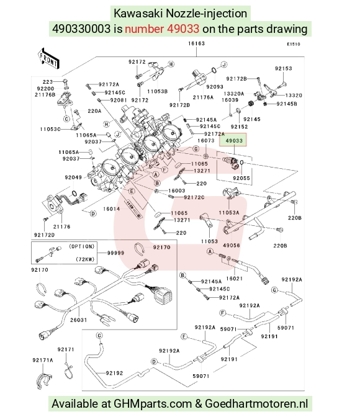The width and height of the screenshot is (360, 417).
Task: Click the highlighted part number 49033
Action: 234,140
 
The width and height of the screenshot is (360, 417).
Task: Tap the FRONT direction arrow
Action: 48,59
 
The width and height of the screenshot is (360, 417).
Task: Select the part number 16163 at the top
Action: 196,43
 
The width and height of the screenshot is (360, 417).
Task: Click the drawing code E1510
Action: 294,44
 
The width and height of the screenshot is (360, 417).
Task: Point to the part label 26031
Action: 78,320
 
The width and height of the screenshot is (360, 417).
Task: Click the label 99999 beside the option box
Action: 115,253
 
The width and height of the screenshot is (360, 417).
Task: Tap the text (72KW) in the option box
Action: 85,259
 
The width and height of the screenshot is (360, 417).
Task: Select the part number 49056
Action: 232,245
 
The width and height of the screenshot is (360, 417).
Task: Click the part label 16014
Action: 112,209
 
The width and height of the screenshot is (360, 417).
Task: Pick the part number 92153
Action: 284,68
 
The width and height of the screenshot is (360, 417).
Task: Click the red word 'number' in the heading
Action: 144,29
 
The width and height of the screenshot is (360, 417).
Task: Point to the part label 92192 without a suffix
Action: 114,373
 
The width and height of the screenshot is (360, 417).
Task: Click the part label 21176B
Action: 45,94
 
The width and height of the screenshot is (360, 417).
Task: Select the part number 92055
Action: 241,178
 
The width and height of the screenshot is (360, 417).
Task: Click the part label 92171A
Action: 43,360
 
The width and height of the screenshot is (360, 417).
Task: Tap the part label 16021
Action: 234,279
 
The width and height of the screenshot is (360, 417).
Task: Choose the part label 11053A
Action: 229,212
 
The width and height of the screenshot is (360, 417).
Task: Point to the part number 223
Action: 48,82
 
